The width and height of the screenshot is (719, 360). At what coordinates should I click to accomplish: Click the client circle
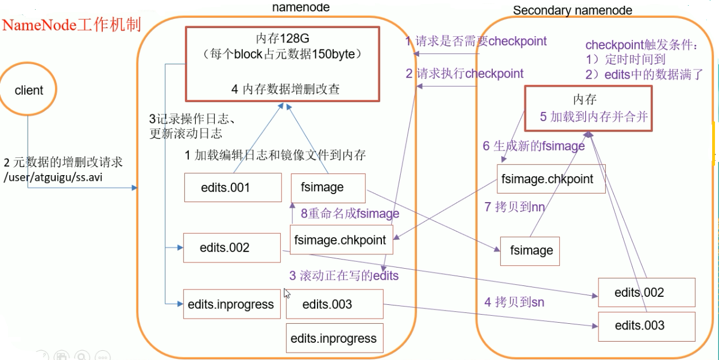tap(29, 90)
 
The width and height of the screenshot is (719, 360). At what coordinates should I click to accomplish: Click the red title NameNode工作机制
tap(72, 25)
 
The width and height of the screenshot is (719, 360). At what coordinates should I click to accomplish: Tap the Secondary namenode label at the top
tap(572, 10)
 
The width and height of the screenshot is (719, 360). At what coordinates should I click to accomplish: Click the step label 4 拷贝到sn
tap(514, 302)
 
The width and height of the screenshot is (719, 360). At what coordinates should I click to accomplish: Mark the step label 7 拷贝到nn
tap(514, 207)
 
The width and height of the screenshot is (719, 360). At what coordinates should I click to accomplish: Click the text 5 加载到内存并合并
tap(594, 117)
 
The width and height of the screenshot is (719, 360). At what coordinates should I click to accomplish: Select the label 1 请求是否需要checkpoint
tap(476, 41)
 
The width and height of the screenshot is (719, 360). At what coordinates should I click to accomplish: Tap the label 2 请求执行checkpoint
tap(464, 73)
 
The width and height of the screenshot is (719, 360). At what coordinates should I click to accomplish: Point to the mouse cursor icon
tap(287, 293)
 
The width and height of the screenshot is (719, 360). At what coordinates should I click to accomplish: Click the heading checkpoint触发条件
tap(641, 45)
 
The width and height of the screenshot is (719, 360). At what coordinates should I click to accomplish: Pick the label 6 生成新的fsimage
tap(533, 146)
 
